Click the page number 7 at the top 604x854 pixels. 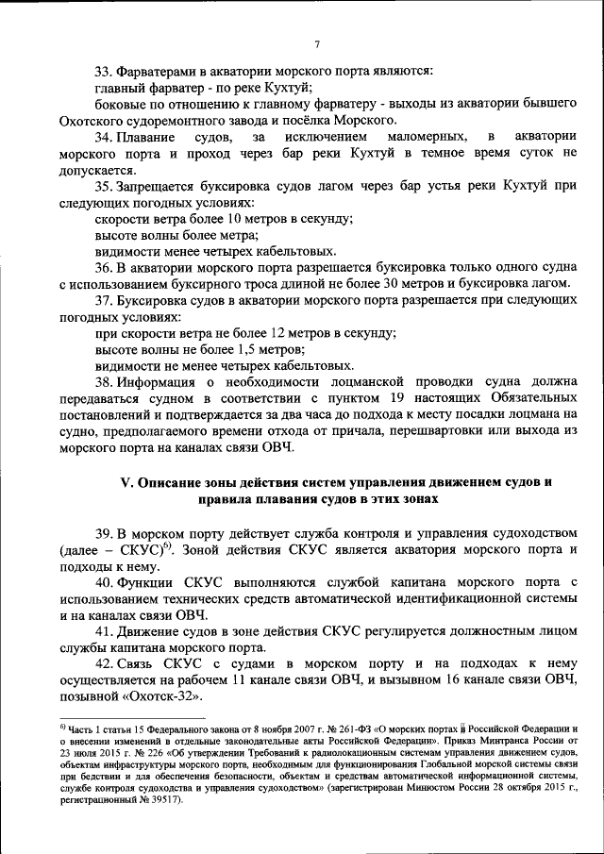(x=318, y=44)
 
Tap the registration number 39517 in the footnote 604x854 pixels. (x=159, y=798)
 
